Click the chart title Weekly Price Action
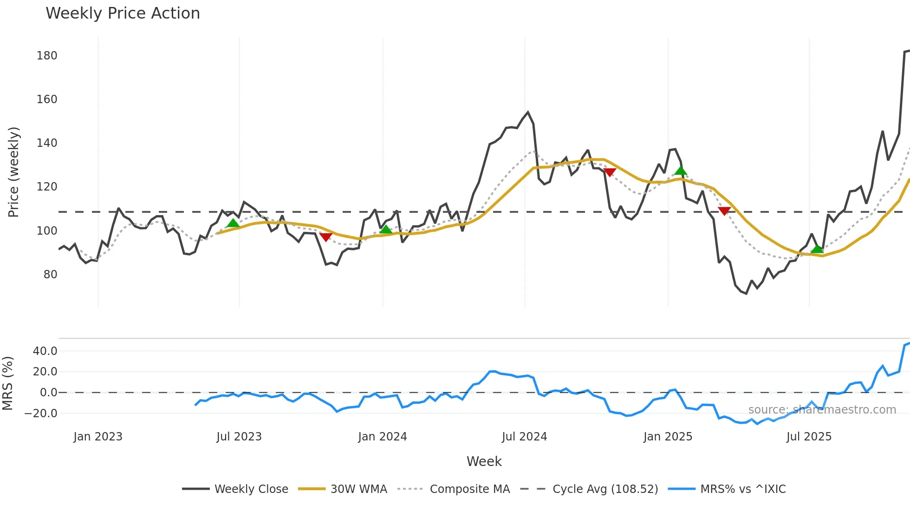123,13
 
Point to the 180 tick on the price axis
47,56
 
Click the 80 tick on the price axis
50,275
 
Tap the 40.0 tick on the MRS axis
45,351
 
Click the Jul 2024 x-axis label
524,437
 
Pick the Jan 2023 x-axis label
98,437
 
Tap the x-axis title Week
484,461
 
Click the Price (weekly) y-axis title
13,172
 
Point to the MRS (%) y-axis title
7,383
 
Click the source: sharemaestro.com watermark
822,410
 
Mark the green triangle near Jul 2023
233,223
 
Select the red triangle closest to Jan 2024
326,237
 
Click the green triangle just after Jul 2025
817,249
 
